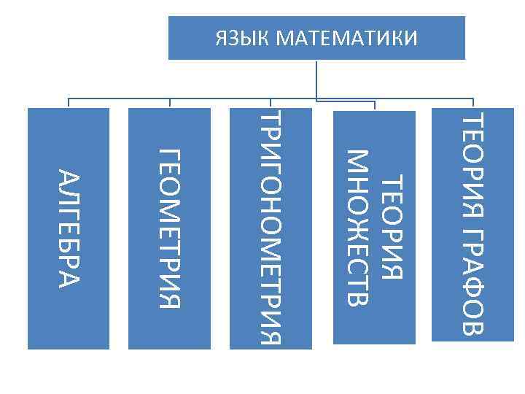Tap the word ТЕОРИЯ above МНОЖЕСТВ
click(392, 227)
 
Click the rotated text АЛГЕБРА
click(68, 228)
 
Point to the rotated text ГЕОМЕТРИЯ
click(169, 228)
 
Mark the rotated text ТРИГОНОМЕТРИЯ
click(271, 228)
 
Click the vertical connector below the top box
click(316, 79)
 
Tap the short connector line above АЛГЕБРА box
click(69, 103)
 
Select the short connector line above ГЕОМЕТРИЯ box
click(169, 103)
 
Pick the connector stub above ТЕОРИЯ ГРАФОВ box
click(474, 103)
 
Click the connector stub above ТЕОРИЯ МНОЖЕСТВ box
click(374, 105)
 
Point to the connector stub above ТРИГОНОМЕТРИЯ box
click(271, 103)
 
